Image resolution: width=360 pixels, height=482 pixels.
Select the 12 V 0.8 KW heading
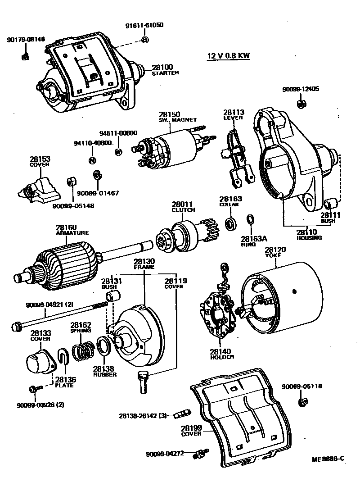pos(228,56)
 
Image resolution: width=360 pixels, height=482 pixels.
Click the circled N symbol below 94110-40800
pos(92,160)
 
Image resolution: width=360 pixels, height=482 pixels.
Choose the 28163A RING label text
pos(253,241)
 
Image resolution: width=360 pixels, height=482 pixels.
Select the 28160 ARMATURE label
pos(72,230)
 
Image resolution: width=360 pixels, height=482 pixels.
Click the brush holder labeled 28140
pos(218,315)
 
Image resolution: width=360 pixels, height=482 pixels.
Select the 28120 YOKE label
pos(275,252)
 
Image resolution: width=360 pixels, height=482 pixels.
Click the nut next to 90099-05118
pos(304,400)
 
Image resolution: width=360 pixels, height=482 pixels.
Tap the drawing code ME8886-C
pos(328,459)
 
